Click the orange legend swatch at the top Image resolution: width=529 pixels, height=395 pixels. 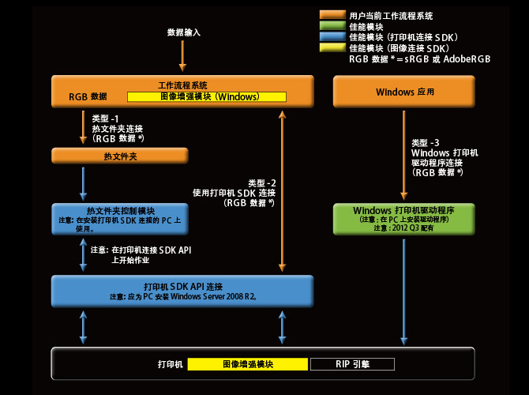click(332, 15)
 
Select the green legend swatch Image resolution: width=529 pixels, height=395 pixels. click(332, 26)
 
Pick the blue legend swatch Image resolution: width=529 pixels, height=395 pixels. click(332, 36)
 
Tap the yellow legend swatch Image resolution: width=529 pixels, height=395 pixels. click(332, 47)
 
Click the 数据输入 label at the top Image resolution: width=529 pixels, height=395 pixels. click(184, 32)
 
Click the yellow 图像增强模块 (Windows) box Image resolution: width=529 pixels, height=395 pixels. click(207, 96)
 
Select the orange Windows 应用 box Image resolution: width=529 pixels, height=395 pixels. click(403, 92)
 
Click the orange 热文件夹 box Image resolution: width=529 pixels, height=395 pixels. click(120, 156)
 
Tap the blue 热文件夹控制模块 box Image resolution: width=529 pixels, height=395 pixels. click(120, 219)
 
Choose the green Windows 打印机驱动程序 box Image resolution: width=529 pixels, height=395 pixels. click(403, 219)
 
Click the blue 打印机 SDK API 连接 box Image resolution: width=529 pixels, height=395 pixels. click(182, 291)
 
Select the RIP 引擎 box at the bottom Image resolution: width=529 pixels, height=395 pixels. click(352, 364)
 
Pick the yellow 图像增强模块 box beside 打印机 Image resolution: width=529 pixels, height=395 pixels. click(247, 364)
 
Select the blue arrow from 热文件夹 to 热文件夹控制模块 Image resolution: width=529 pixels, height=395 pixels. click(83, 183)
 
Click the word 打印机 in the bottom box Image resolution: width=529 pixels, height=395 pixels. click(171, 364)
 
